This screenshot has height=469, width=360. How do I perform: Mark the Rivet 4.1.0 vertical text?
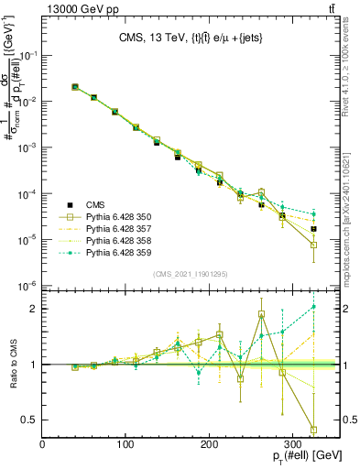click(x=352, y=73)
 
